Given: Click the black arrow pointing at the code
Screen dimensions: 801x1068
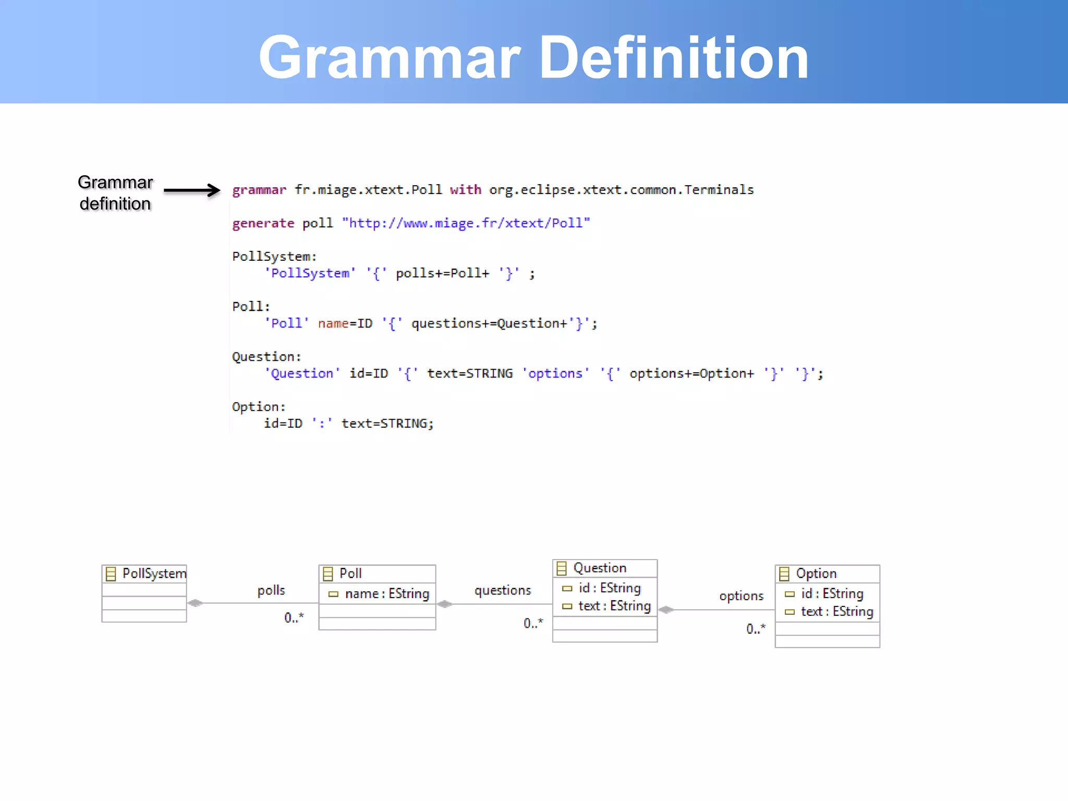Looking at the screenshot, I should pyautogui.click(x=192, y=190).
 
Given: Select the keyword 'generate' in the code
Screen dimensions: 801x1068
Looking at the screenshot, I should pyautogui.click(x=263, y=223).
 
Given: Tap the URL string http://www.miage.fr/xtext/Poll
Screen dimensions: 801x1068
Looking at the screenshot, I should pyautogui.click(x=466, y=223).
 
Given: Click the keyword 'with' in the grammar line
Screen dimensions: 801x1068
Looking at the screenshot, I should pyautogui.click(x=465, y=190).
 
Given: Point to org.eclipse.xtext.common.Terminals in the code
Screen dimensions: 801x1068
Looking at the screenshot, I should pyautogui.click(x=621, y=190).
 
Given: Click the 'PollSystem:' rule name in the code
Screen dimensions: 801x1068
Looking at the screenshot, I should pyautogui.click(x=274, y=257).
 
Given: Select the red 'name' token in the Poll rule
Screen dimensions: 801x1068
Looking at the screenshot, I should pyautogui.click(x=333, y=323).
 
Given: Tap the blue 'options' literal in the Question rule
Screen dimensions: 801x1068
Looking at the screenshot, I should pyautogui.click(x=555, y=373).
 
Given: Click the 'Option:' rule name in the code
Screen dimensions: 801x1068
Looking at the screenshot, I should pyautogui.click(x=259, y=407).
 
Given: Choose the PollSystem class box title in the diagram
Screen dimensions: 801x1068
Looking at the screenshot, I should pyautogui.click(x=154, y=574).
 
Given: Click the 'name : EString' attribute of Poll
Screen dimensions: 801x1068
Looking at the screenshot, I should pyautogui.click(x=386, y=593).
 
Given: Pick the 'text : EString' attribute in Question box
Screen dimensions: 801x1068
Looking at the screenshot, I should pyautogui.click(x=614, y=606).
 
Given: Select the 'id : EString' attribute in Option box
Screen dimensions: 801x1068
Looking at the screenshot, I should pyautogui.click(x=832, y=593).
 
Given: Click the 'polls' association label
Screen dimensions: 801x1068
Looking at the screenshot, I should pyautogui.click(x=271, y=590).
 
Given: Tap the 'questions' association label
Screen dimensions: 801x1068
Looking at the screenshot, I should pyautogui.click(x=503, y=590).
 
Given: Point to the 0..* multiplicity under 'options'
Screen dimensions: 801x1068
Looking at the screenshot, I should pyautogui.click(x=756, y=628).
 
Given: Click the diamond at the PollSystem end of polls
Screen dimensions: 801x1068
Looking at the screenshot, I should pyautogui.click(x=195, y=603).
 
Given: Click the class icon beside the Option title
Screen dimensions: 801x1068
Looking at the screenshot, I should pyautogui.click(x=784, y=574).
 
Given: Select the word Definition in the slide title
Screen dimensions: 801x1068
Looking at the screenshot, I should pyautogui.click(x=673, y=57).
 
